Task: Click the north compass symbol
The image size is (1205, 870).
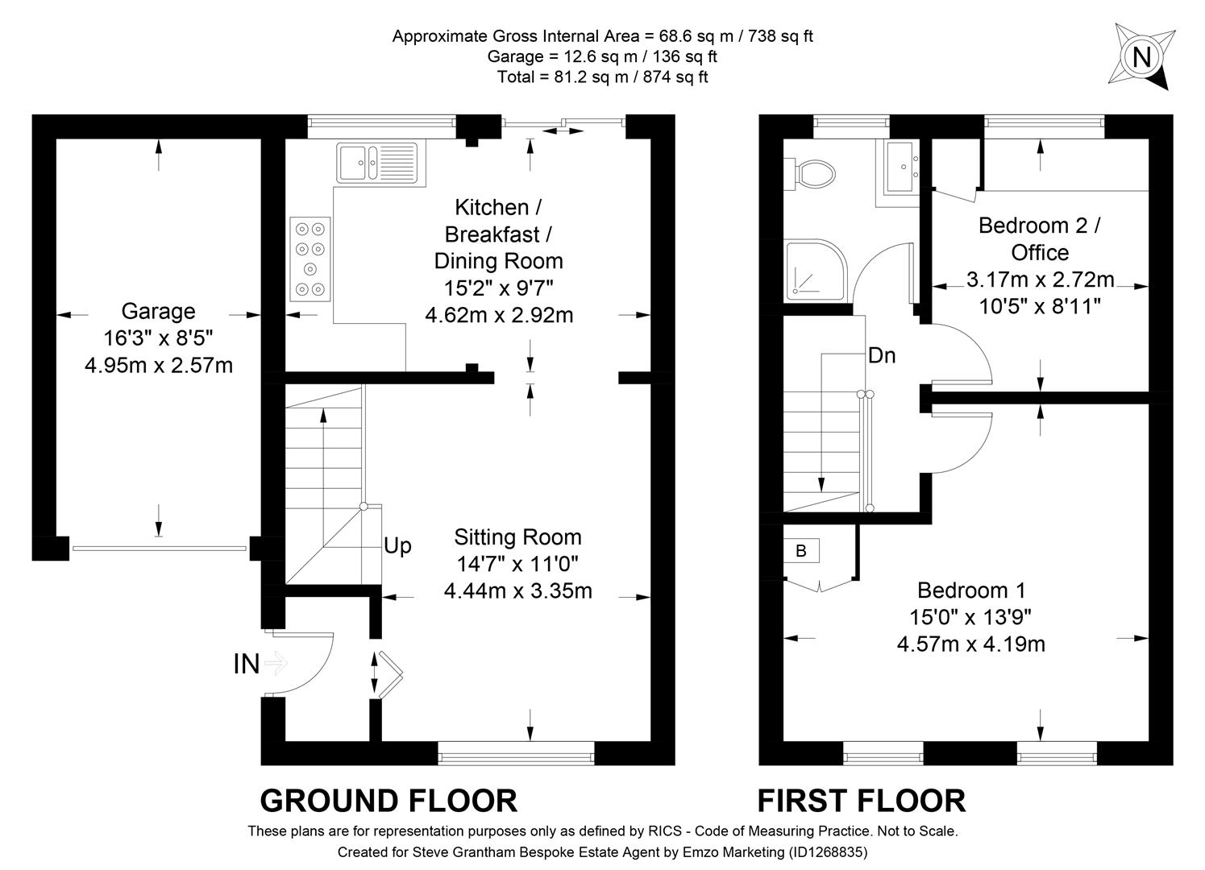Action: tap(1141, 57)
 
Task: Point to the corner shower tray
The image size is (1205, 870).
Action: tap(811, 270)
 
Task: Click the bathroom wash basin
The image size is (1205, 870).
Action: tap(901, 168)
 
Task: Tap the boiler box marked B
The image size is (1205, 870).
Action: tap(801, 551)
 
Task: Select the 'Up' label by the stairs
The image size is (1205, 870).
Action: tap(397, 546)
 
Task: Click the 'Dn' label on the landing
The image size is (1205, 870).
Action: tap(882, 355)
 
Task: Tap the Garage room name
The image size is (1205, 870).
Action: tap(158, 311)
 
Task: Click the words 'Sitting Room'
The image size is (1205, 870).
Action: tap(517, 537)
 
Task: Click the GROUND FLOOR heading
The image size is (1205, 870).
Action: tap(389, 801)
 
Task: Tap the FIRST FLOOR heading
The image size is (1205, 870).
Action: tap(861, 801)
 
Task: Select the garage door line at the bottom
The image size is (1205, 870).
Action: tap(159, 549)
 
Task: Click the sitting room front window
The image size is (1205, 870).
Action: tap(516, 756)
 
